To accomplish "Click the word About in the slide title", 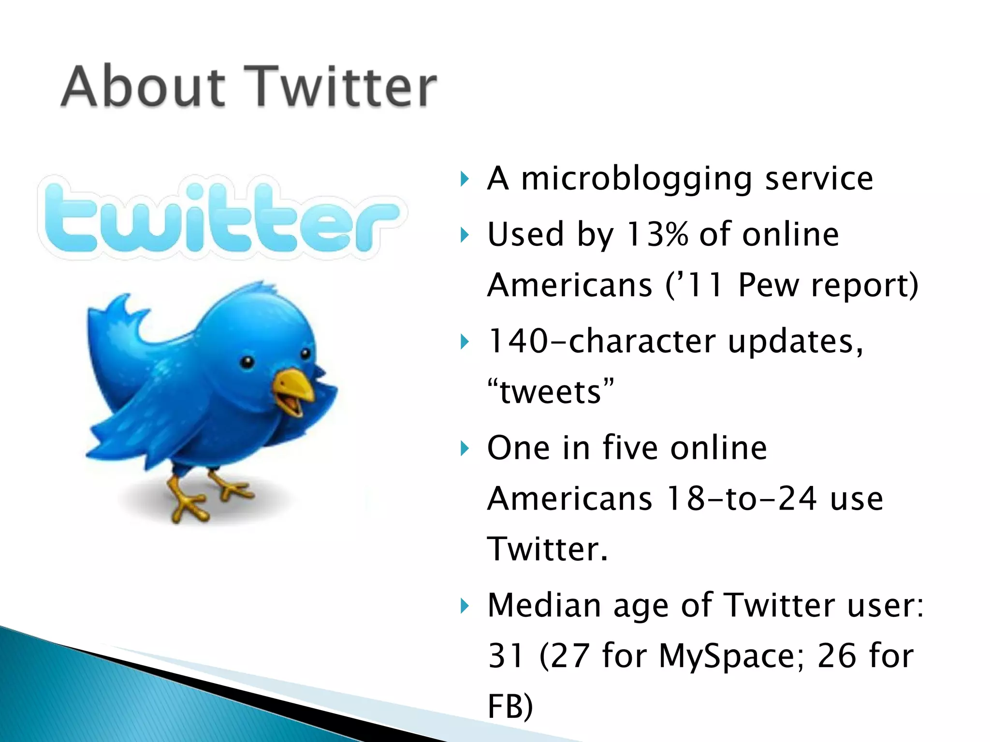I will (143, 87).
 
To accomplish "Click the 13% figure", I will (656, 235).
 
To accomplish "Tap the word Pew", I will (769, 285).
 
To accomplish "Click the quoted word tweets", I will (551, 391).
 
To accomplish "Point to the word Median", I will (544, 605).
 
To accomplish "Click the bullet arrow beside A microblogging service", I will (465, 180).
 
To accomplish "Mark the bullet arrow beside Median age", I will (465, 606).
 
